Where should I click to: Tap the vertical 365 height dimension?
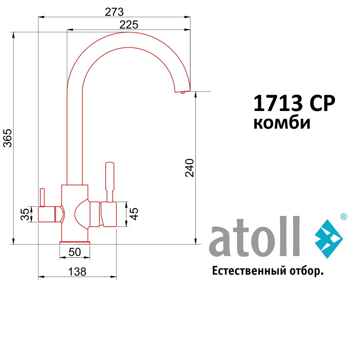pos(7,138)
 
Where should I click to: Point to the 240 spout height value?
pos(189,168)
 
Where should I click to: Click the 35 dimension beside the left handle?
pos(25,214)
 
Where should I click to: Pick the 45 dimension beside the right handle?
pos(134,214)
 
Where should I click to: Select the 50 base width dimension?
pos(75,252)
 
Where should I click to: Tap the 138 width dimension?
pos(77,272)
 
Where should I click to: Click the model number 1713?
pos(278,103)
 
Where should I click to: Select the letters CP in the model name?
pos(322,103)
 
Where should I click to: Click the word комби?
pos(282,123)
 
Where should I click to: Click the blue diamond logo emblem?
pos(329,239)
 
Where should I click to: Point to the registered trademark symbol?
pos(343,217)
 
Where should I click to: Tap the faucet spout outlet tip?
pos(182,91)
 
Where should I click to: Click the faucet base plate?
pos(75,243)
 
